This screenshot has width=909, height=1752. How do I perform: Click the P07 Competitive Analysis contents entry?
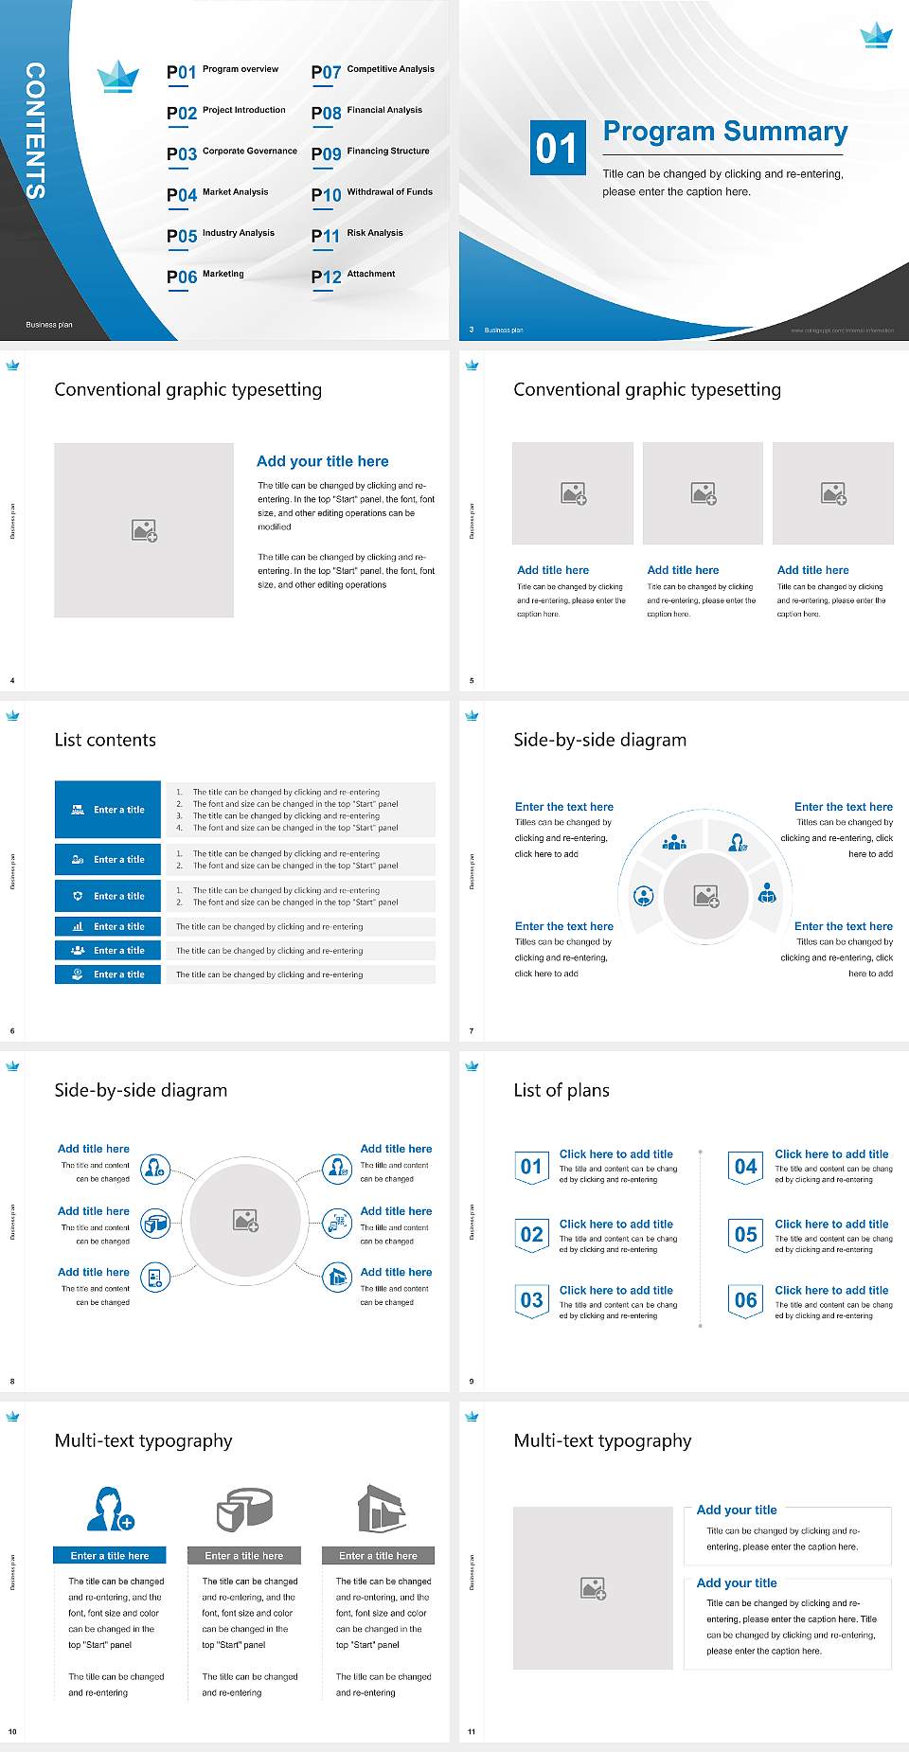(x=373, y=71)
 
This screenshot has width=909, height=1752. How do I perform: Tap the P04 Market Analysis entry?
(x=218, y=194)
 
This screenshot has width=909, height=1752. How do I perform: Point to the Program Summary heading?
(x=725, y=132)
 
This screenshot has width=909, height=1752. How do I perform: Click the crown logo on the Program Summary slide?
(x=876, y=36)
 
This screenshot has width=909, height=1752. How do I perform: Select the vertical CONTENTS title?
(x=35, y=131)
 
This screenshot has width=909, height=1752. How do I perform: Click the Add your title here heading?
(x=322, y=461)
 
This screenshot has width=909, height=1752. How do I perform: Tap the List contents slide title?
(x=105, y=740)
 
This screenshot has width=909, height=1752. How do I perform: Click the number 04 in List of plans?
(x=746, y=1167)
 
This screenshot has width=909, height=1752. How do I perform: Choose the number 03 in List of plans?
(x=532, y=1300)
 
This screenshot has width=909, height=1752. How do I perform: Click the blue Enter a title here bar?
(x=110, y=1555)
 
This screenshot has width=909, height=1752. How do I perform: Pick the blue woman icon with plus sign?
(x=110, y=1509)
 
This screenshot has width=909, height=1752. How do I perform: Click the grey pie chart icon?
(x=244, y=1509)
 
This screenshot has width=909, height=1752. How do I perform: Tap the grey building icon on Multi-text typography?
(x=382, y=1509)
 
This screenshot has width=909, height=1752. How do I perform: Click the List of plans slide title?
(x=561, y=1090)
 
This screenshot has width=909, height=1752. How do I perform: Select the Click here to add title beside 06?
(x=831, y=1290)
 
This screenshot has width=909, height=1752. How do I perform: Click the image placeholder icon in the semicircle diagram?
(x=706, y=896)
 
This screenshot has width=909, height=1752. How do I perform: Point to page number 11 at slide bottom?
(x=472, y=1732)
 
